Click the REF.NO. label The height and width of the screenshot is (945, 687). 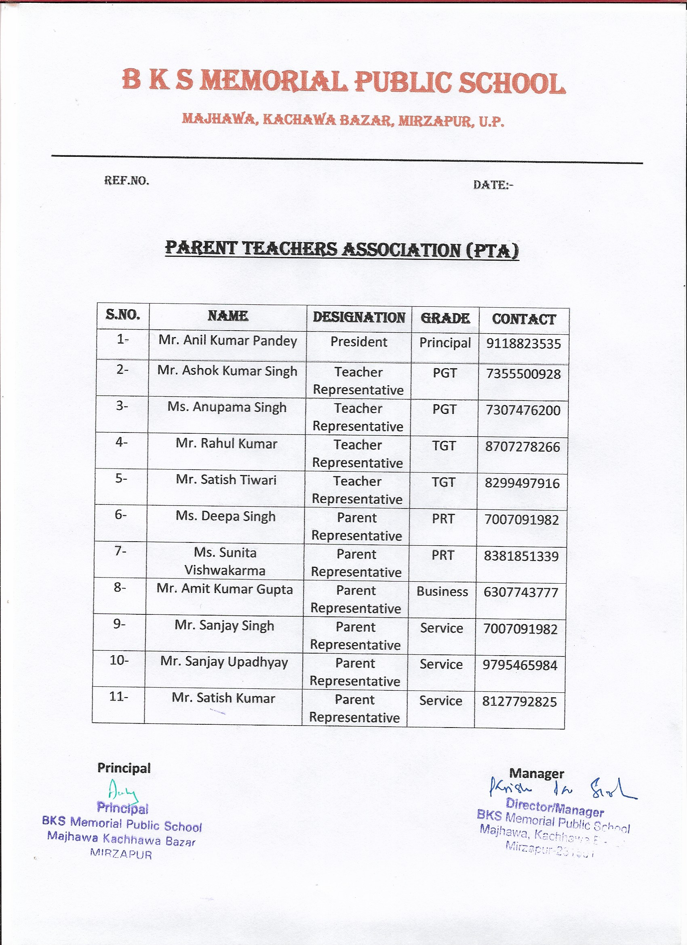click(126, 180)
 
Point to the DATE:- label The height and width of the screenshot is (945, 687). click(493, 185)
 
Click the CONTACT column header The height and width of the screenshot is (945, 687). click(524, 319)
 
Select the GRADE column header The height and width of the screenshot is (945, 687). click(445, 319)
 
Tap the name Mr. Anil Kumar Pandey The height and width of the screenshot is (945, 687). click(228, 340)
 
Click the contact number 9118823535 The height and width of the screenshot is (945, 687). click(523, 344)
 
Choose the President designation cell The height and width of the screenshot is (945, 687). click(358, 342)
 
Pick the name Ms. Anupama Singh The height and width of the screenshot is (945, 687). click(227, 407)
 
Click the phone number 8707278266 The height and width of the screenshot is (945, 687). click(523, 447)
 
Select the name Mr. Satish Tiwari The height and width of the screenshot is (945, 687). click(226, 480)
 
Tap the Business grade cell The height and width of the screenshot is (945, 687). click(442, 592)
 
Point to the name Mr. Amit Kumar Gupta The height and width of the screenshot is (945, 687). click(225, 589)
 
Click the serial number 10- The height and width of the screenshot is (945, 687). click(119, 660)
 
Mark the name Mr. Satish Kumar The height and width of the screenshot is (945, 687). click(223, 698)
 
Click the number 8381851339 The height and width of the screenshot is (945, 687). click(521, 556)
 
